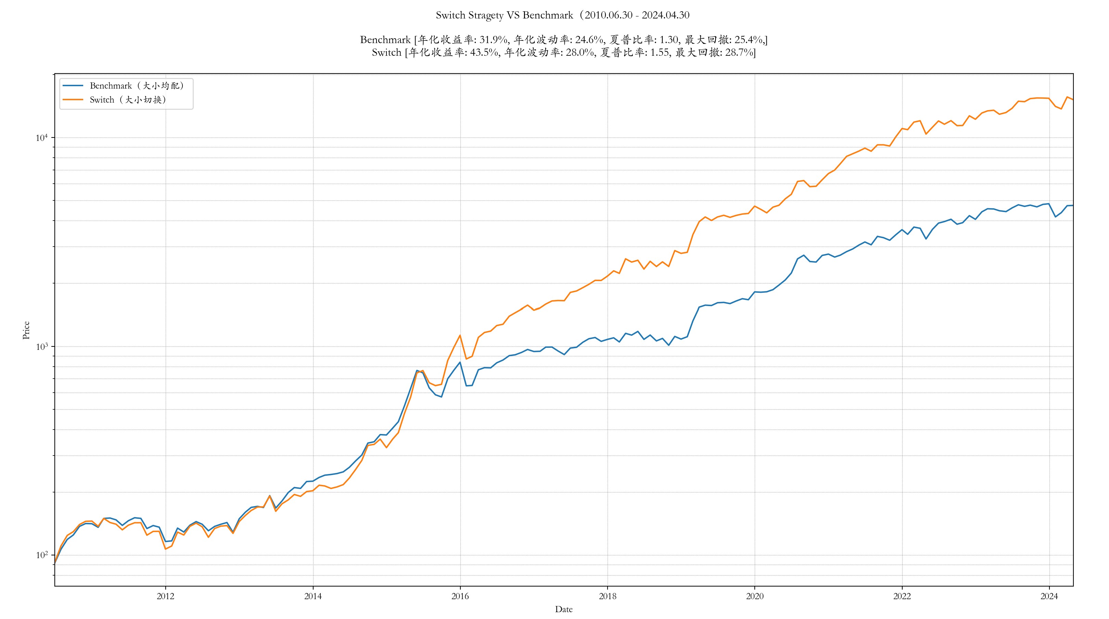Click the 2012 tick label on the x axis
coord(165,596)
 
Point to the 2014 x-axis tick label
coord(313,596)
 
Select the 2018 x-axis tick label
coord(608,596)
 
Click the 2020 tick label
coord(754,596)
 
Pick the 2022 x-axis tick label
coord(902,596)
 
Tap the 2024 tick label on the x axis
coord(1049,596)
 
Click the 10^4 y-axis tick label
coord(41,138)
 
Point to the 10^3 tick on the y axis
coord(41,347)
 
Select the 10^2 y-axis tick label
coord(41,555)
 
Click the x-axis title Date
coord(563,609)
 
